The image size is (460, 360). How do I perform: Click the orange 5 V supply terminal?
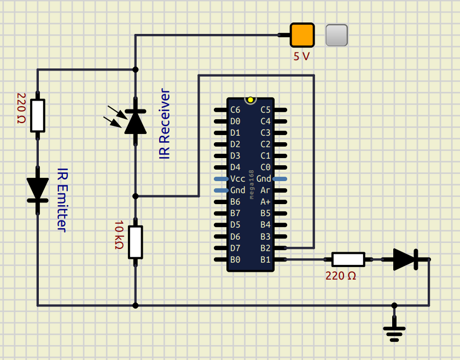[x=302, y=35]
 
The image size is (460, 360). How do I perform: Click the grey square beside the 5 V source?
[x=336, y=35]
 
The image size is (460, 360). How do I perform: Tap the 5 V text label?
[x=301, y=56]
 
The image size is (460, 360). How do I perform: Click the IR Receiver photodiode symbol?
[x=135, y=122]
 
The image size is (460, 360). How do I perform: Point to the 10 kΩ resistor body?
[x=135, y=242]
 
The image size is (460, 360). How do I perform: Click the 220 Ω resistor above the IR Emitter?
[x=38, y=115]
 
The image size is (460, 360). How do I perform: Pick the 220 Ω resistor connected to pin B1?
[x=348, y=259]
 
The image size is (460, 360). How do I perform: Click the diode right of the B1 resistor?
[x=405, y=259]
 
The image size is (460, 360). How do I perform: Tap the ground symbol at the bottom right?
[x=394, y=332]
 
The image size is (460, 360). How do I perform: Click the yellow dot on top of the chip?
[x=251, y=100]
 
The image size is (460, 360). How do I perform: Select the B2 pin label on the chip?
[x=265, y=248]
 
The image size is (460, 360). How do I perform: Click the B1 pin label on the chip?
[x=265, y=259]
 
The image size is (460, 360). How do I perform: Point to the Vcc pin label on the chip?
[x=238, y=179]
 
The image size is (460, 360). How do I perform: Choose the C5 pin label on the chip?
[x=265, y=109]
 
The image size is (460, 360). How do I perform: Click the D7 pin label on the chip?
[x=235, y=248]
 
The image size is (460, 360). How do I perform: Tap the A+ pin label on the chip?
[x=265, y=202]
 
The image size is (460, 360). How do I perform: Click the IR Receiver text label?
[x=165, y=124]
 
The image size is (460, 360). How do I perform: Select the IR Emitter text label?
[x=62, y=200]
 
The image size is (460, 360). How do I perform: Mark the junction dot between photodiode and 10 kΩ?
[x=135, y=196]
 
